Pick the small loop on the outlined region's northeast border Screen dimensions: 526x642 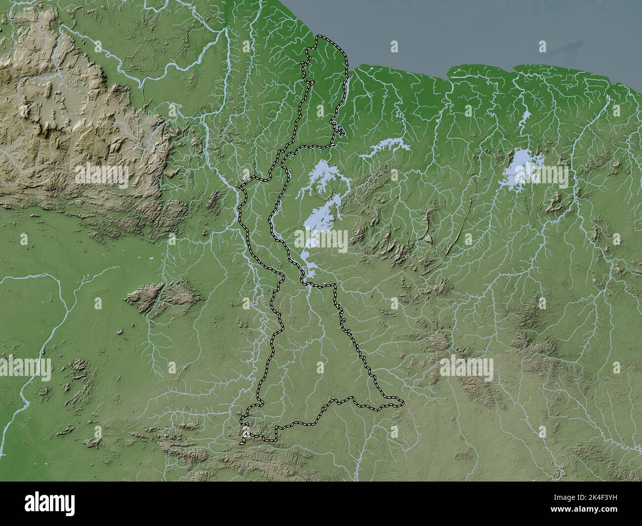click(x=340, y=130)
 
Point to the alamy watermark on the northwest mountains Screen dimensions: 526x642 click(x=102, y=175)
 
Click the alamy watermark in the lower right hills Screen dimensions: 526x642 click(x=466, y=367)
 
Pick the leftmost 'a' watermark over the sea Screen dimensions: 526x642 click(x=394, y=46)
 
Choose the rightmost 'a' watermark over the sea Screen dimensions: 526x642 click(x=542, y=46)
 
